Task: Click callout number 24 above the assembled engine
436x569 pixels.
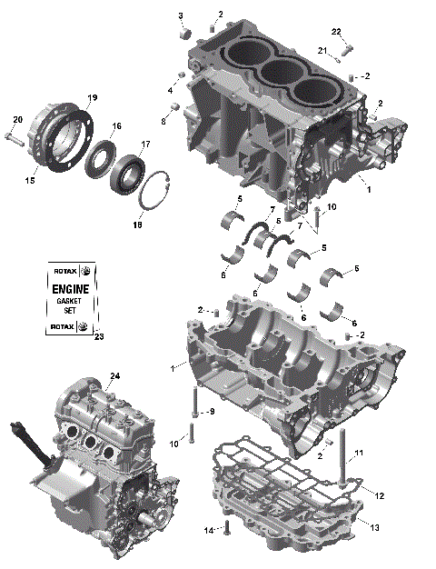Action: tap(114, 375)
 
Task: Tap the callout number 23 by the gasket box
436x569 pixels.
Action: tap(99, 337)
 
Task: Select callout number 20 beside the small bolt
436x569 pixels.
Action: tap(17, 120)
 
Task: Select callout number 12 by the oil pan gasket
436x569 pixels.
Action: tap(380, 495)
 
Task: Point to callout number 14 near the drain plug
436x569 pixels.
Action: tap(207, 529)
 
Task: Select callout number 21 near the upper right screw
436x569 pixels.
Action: tap(322, 50)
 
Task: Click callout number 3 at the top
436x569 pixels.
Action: tap(180, 15)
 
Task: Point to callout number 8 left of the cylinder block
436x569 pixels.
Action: tap(164, 120)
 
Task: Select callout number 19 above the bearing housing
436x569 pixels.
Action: tap(92, 97)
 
